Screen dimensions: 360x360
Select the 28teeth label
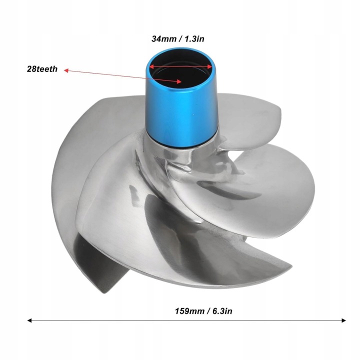pos(42,69)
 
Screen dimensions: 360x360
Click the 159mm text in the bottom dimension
pos(190,311)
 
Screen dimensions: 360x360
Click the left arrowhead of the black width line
pos(29,320)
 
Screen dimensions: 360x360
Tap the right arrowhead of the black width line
pos(343,320)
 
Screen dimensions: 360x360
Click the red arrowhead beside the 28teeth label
pos(66,70)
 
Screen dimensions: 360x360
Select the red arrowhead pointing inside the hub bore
pos(179,81)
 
